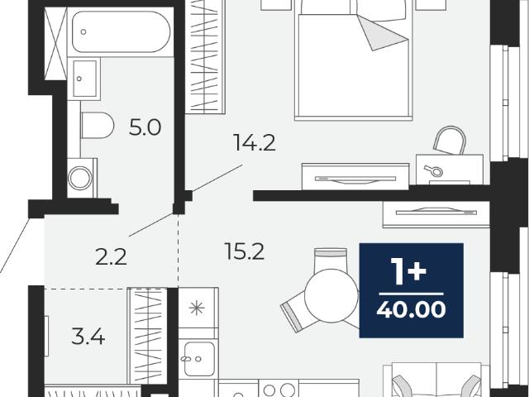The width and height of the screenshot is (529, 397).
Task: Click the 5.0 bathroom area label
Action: coord(145,127)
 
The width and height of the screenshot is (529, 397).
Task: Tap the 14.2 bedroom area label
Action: coord(255,142)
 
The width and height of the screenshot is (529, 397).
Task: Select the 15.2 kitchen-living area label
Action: coord(245,251)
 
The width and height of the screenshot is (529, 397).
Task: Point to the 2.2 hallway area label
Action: coord(111,256)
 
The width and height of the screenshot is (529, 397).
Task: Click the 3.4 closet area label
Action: coord(88,337)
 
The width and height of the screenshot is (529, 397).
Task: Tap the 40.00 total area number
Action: coord(411,309)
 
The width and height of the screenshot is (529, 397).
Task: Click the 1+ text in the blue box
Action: coord(407,270)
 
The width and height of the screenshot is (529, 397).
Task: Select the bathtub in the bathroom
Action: coord(122,31)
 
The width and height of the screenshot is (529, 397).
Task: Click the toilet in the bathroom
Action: coord(98,125)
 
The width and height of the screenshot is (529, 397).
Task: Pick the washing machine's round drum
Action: coord(80,178)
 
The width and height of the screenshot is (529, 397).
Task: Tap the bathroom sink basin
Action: coord(84,79)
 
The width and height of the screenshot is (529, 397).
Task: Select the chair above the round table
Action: coord(331,261)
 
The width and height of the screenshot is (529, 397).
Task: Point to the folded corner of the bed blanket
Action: coord(382,33)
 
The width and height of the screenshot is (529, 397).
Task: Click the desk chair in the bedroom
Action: coord(450,141)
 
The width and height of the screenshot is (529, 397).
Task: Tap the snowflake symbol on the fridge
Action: coord(197,308)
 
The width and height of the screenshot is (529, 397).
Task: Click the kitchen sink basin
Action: coord(199,359)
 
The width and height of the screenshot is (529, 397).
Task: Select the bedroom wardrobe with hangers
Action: coord(205,56)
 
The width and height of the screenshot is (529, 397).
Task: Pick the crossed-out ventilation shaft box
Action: coord(55,44)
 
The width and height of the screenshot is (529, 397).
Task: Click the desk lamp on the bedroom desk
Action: coord(434,171)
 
